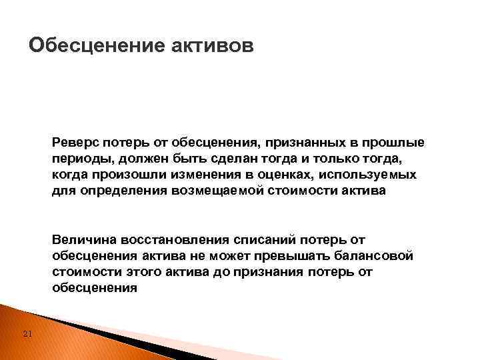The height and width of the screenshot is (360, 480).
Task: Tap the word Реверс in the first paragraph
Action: pyautogui.click(x=73, y=143)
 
